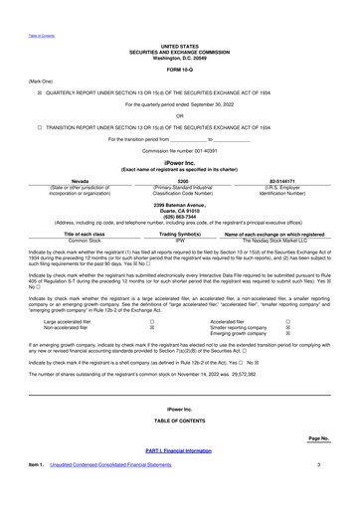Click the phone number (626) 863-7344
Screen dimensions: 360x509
pos(180,245)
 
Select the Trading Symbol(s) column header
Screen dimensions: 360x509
pos(180,261)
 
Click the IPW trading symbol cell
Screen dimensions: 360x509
pos(180,268)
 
